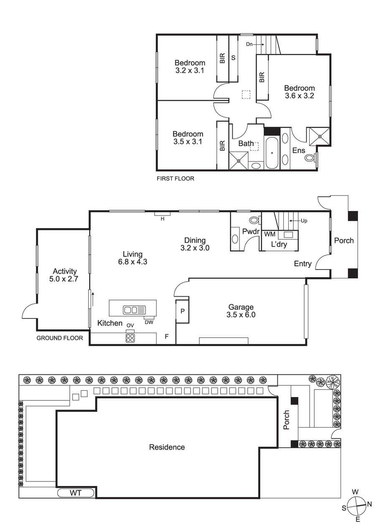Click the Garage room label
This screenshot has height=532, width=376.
click(x=241, y=307)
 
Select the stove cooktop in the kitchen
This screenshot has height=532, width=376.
click(x=130, y=338)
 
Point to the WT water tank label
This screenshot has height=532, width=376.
click(x=76, y=493)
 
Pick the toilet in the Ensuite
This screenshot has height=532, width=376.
click(x=309, y=157)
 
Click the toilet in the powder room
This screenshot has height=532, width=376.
click(x=254, y=220)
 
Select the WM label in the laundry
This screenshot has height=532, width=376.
click(x=269, y=234)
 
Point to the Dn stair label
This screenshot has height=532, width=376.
click(x=249, y=44)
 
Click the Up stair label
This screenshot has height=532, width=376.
click(x=304, y=221)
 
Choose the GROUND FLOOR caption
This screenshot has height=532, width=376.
click(x=60, y=338)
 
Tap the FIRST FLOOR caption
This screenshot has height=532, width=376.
click(x=175, y=178)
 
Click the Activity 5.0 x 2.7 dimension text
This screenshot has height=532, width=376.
click(x=64, y=279)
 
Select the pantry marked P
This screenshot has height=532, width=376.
click(x=182, y=311)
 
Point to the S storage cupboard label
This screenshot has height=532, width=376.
click(x=234, y=58)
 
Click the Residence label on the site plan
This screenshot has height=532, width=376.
click(x=167, y=447)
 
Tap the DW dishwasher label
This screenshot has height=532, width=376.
click(x=149, y=322)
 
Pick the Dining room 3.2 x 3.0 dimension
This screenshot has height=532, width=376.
click(x=195, y=248)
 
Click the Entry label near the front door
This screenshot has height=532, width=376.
click(x=302, y=264)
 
